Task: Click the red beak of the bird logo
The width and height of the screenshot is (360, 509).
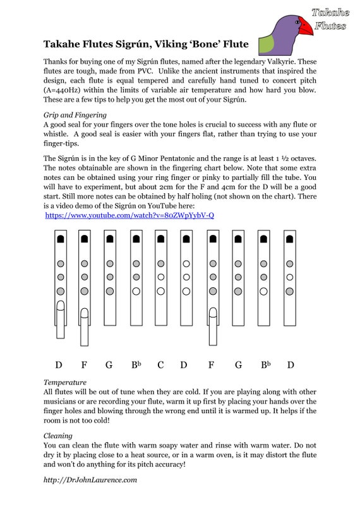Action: click(306, 26)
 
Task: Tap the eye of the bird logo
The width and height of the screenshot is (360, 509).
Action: click(295, 21)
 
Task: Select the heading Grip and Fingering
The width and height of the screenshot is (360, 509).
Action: click(75, 116)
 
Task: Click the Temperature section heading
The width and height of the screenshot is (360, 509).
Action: click(64, 382)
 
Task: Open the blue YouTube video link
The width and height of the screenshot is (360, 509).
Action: click(129, 215)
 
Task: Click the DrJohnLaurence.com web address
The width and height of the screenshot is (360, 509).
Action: click(90, 481)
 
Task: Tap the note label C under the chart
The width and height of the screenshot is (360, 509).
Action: click(160, 365)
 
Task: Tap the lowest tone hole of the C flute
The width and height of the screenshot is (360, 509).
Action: click(160, 292)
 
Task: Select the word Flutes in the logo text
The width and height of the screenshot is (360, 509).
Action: click(330, 26)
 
